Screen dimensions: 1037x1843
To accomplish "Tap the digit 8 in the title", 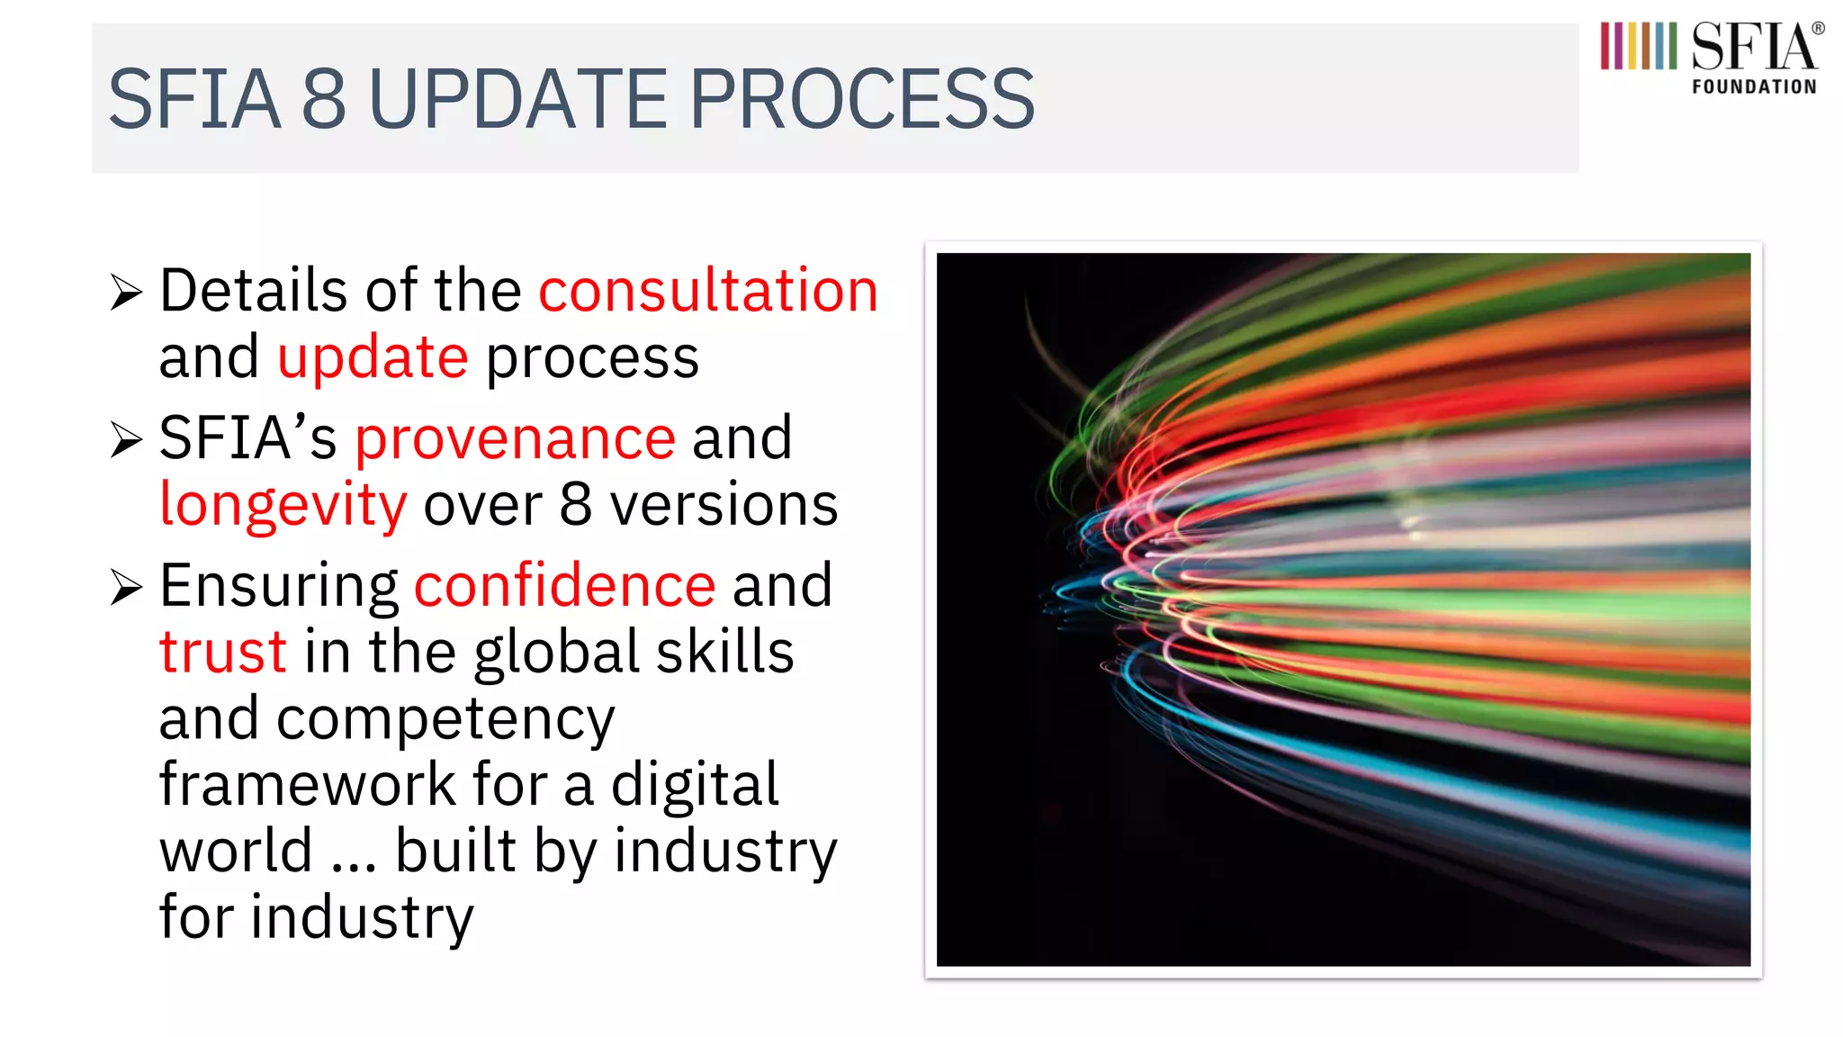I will pyautogui.click(x=323, y=99).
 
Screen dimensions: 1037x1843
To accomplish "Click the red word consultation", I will pyautogui.click(x=708, y=291).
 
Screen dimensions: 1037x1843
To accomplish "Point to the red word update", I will pyautogui.click(x=373, y=358).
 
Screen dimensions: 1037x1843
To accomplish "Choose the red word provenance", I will pyautogui.click(x=515, y=438).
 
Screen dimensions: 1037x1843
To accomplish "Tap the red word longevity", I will pyautogui.click(x=283, y=506).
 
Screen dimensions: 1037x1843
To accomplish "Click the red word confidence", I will pyautogui.click(x=564, y=586).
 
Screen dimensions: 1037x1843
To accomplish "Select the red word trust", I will pyautogui.click(x=223, y=652).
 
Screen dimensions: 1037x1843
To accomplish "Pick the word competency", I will pyautogui.click(x=445, y=720).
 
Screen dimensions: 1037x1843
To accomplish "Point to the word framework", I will pyautogui.click(x=308, y=784).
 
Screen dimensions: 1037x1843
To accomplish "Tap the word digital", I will pyautogui.click(x=695, y=786).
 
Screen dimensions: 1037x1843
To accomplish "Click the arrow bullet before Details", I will pyautogui.click(x=127, y=293).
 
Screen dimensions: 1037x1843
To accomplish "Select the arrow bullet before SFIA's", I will pyautogui.click(x=127, y=440).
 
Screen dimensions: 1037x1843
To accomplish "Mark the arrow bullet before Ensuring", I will pyautogui.click(x=127, y=588).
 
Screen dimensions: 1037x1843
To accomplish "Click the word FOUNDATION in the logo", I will pyautogui.click(x=1754, y=87).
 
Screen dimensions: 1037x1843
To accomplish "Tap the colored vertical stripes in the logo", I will pyautogui.click(x=1638, y=46).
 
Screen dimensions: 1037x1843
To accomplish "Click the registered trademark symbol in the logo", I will pyautogui.click(x=1818, y=29).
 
